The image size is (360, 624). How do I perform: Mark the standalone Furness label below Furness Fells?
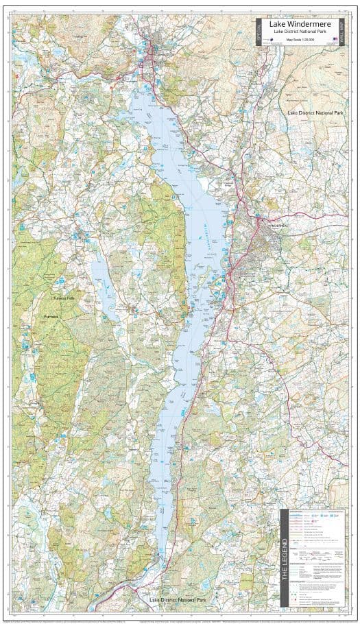51,317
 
